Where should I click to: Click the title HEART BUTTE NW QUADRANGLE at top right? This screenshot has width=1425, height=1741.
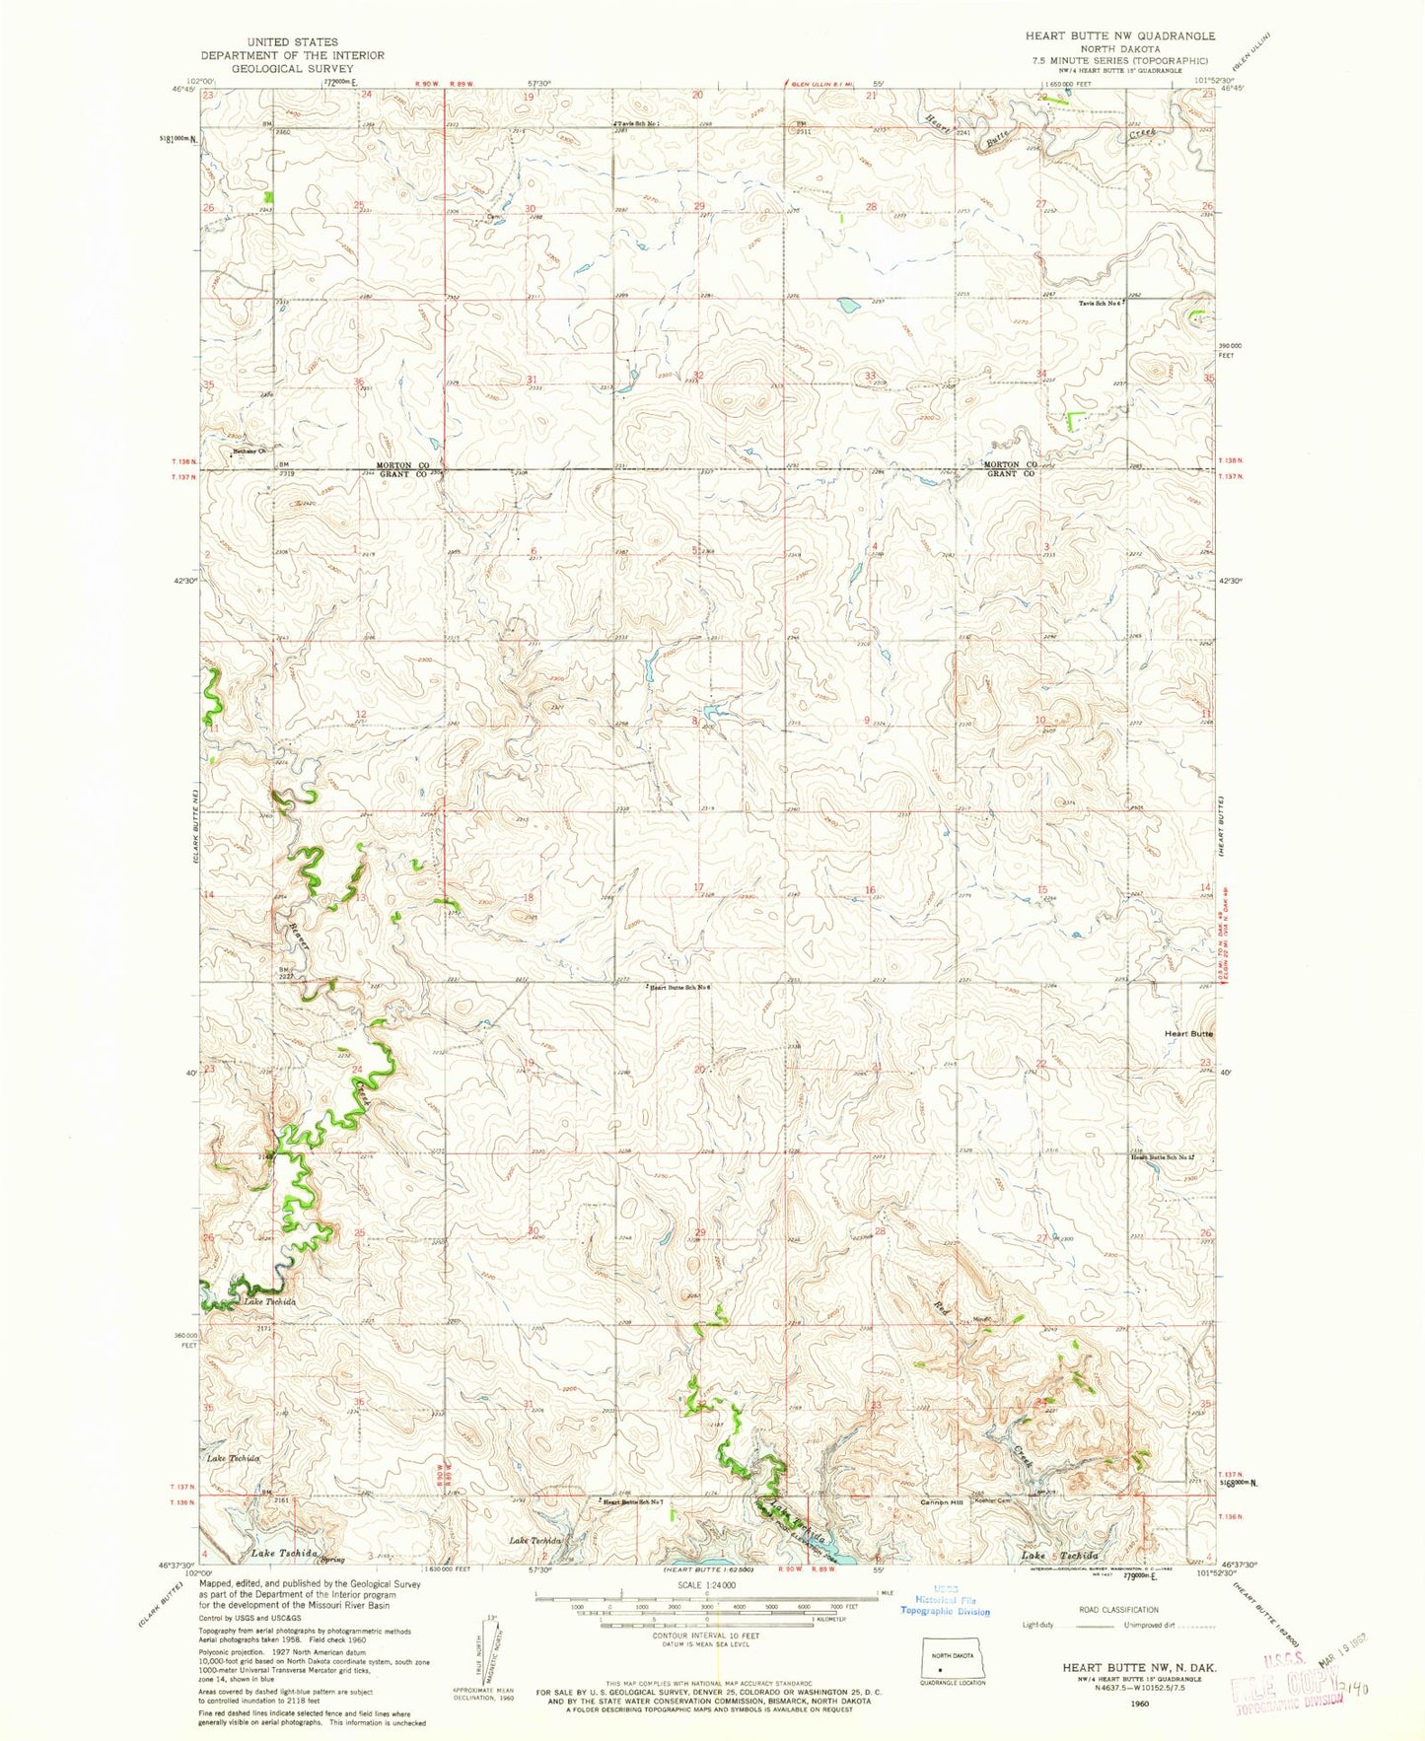pyautogui.click(x=1119, y=35)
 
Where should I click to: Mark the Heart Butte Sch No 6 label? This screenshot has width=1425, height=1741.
pyautogui.click(x=680, y=987)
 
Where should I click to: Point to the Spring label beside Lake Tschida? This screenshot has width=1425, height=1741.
pyautogui.click(x=340, y=1556)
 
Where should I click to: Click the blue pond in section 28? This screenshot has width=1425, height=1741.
pyautogui.click(x=847, y=305)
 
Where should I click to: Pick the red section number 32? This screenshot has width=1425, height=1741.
pyautogui.click(x=698, y=376)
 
